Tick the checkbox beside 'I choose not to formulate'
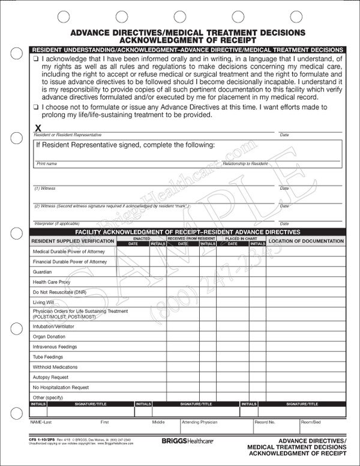(x=36, y=106)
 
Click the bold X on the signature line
(x=38, y=127)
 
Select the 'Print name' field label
(x=47, y=163)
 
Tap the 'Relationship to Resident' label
(x=245, y=163)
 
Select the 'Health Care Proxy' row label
(x=52, y=281)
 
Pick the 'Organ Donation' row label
(x=50, y=337)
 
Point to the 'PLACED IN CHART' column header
(x=240, y=238)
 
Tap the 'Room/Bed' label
(x=310, y=422)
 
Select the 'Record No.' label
(x=265, y=422)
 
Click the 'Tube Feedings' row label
(x=49, y=357)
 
